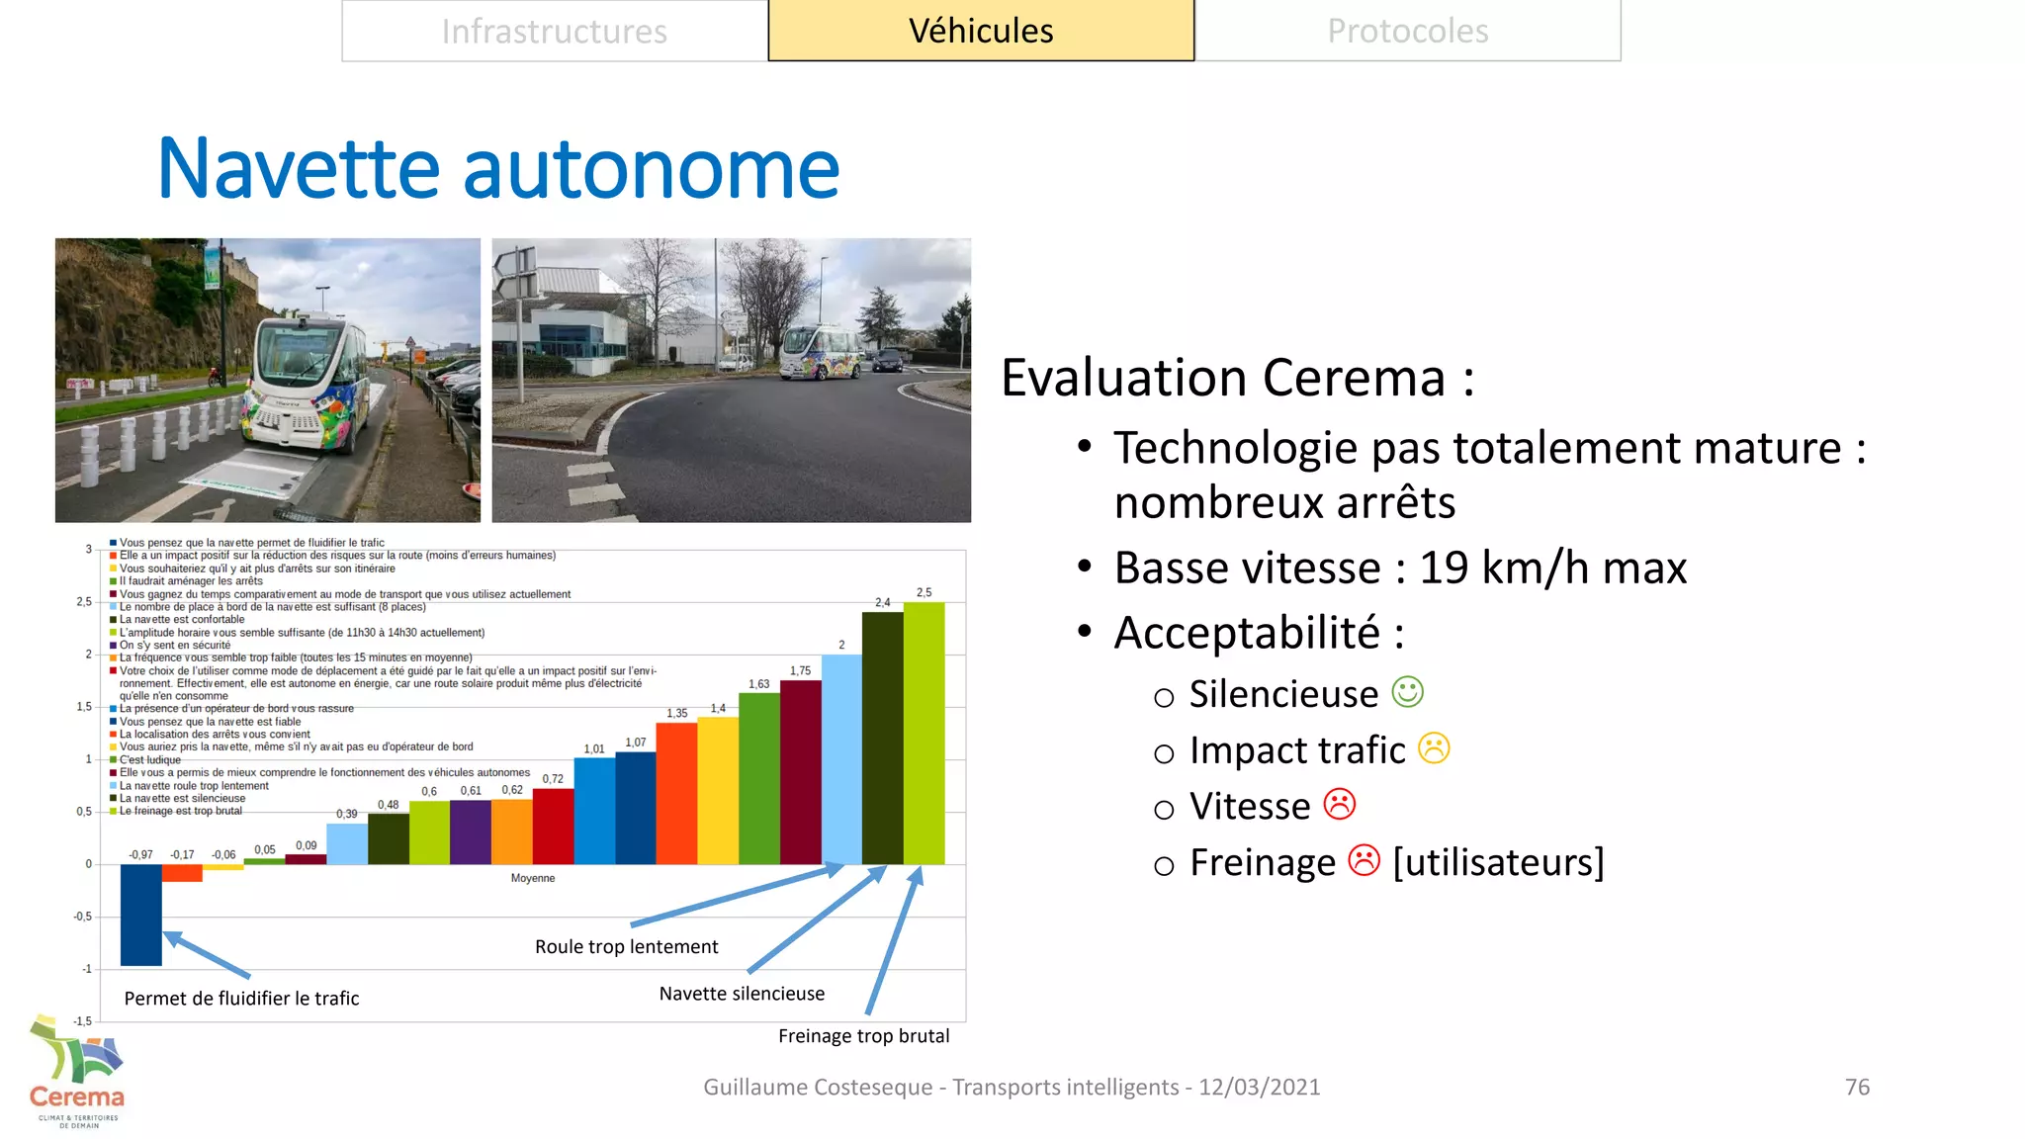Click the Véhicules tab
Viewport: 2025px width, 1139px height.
(981, 32)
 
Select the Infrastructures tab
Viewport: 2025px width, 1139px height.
(554, 32)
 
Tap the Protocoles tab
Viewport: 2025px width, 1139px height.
(1407, 32)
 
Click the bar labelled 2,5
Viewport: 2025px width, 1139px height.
(924, 732)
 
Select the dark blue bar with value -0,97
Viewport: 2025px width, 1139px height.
(140, 914)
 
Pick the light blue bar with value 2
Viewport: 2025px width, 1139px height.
(841, 758)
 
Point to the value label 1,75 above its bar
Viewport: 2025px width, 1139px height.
(800, 671)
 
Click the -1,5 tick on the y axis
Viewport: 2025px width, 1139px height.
(83, 1021)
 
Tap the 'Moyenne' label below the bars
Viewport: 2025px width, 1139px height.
(533, 878)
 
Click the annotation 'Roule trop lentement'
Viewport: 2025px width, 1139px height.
(626, 947)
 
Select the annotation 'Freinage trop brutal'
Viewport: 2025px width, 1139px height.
(863, 1036)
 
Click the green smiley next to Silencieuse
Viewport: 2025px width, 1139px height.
(1407, 692)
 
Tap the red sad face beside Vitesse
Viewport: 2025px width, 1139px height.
(1340, 804)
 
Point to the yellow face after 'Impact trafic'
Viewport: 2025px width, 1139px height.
(1434, 748)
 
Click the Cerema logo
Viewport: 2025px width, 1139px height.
(77, 1073)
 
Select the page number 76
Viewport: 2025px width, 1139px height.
(1857, 1087)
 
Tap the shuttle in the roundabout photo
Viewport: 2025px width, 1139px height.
(823, 353)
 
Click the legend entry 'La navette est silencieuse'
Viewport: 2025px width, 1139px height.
(182, 799)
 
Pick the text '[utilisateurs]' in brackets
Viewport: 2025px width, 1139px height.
(1498, 862)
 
